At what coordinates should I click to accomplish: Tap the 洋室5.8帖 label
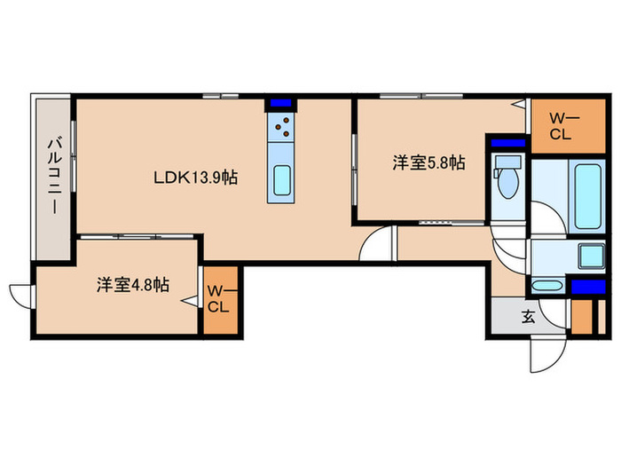tap(429, 162)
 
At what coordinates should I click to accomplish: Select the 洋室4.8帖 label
tap(134, 285)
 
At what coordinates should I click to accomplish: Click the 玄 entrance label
tap(528, 316)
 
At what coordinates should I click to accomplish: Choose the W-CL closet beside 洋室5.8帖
tap(564, 125)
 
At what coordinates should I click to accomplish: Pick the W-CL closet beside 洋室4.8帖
tap(220, 299)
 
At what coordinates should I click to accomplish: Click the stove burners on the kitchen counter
tap(284, 129)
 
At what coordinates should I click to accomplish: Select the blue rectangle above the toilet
tap(507, 142)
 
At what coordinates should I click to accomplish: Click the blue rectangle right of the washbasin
tap(587, 287)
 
